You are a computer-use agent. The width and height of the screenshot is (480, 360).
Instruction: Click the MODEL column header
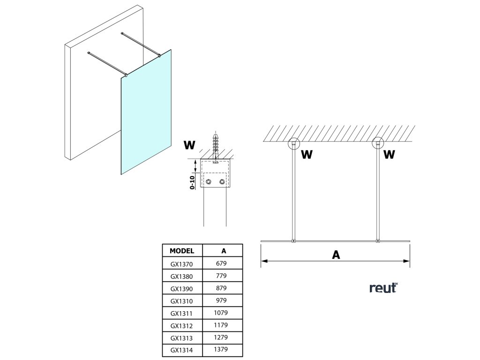(182, 251)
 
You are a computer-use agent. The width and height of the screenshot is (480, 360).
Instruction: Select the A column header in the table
(224, 251)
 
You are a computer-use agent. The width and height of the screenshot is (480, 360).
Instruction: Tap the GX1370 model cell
(181, 264)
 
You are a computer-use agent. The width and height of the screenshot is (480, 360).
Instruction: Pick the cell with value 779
(221, 276)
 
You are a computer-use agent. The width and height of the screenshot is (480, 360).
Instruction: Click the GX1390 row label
(181, 289)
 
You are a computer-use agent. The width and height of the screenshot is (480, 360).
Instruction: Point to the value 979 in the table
(221, 300)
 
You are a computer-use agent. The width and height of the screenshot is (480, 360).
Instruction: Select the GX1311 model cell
(181, 314)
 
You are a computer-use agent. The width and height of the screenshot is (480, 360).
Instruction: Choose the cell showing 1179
(221, 325)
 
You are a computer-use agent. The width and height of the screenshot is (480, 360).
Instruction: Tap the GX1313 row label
(181, 338)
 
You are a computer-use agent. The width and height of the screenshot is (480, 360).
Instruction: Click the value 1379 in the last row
(221, 350)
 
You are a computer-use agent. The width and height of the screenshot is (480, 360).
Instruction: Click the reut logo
(384, 288)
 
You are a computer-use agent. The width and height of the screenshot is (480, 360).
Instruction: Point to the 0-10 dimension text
(192, 182)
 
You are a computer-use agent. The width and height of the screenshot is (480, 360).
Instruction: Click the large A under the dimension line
(336, 255)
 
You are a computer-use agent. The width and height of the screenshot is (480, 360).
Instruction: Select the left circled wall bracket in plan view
(294, 143)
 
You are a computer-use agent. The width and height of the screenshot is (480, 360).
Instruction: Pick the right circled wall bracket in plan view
(378, 143)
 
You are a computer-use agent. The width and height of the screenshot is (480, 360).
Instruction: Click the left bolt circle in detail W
(209, 182)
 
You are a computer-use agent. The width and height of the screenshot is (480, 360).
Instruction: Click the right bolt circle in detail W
(222, 182)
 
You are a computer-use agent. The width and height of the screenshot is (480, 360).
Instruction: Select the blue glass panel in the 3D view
(146, 112)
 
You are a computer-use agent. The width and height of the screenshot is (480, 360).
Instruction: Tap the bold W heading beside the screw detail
(189, 145)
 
